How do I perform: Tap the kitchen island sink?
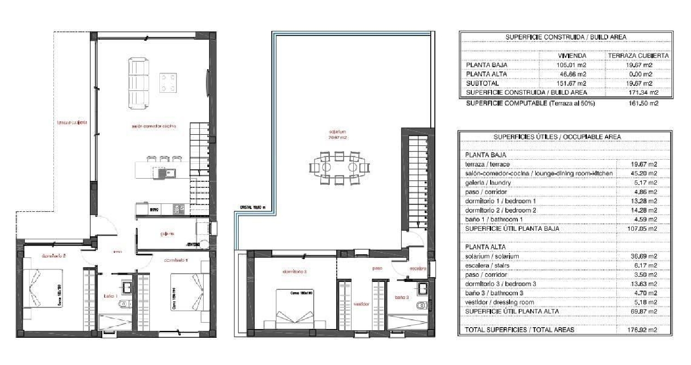164,173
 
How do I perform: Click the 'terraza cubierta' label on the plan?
72,123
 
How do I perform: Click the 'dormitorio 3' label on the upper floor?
294,272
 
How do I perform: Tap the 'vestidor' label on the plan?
362,304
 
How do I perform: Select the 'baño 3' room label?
401,298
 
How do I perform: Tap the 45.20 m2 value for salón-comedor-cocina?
644,174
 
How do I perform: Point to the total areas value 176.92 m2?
644,330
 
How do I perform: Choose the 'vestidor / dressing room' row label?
500,302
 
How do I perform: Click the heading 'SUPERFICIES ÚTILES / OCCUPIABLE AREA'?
557,137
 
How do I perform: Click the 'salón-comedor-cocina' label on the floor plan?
154,126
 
